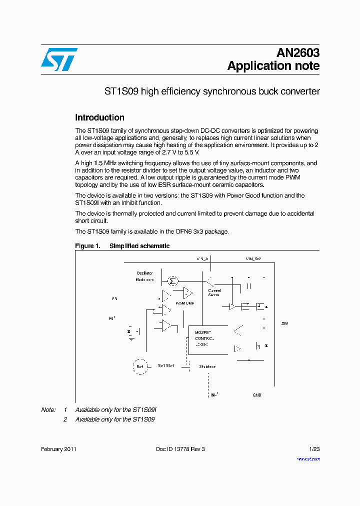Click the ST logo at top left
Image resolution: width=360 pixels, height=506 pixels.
pyautogui.click(x=59, y=59)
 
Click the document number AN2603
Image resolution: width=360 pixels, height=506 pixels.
pyautogui.click(x=298, y=53)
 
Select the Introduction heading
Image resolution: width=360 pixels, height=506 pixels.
pyautogui.click(x=99, y=117)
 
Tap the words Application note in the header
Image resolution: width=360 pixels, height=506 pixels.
pyautogui.click(x=273, y=66)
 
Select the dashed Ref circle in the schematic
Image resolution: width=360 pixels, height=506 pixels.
pyautogui.click(x=140, y=366)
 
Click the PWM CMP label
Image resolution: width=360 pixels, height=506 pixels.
pyautogui.click(x=185, y=303)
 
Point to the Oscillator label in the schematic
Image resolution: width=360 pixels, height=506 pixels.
pyautogui.click(x=144, y=273)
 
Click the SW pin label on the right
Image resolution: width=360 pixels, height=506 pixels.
pyautogui.click(x=284, y=323)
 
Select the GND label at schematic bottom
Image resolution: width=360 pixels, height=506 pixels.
pyautogui.click(x=256, y=395)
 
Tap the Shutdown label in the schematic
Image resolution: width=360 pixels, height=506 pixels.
pyautogui.click(x=207, y=366)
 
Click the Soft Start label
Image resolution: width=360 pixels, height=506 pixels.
pyautogui.click(x=166, y=365)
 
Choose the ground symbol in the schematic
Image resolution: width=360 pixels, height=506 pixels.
pyautogui.click(x=131, y=338)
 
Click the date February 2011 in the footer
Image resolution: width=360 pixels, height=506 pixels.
pyautogui.click(x=58, y=449)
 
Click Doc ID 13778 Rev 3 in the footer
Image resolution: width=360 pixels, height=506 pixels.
pyautogui.click(x=180, y=449)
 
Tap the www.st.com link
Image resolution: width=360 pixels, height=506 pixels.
pyautogui.click(x=308, y=458)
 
